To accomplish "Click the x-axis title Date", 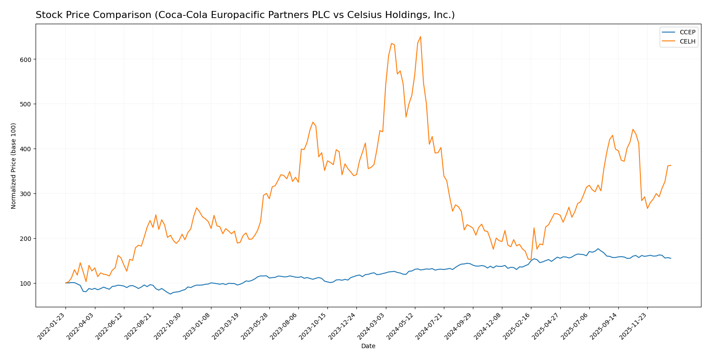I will coord(368,346).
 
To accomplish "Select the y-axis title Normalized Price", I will coord(14,166).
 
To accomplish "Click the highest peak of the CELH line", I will coord(420,36).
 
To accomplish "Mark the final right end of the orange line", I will coord(671,165).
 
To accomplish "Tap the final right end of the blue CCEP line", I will coord(671,258).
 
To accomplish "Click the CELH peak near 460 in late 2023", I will coord(313,122).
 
